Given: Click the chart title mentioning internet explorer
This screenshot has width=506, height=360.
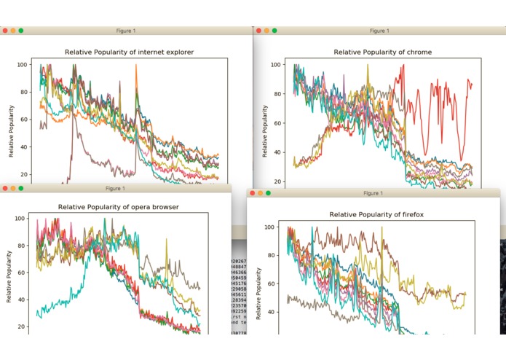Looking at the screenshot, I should coord(129,52).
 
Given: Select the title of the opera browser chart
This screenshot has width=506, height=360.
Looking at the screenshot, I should coord(119,207).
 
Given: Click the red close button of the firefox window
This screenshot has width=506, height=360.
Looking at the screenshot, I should coord(251,194).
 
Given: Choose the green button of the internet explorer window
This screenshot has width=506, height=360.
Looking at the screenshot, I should coord(21,31).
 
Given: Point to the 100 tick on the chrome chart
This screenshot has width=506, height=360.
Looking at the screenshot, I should coord(277,65).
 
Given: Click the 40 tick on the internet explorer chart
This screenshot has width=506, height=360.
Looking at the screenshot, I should coord(23,147).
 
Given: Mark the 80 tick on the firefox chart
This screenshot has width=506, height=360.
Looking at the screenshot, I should coord(272,256).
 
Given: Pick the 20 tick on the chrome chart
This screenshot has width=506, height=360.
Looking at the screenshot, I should coord(279,181).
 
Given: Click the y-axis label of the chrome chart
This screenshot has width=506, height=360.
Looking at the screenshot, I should coord(265,131).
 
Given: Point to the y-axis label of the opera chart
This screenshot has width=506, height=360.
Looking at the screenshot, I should coord(9,277).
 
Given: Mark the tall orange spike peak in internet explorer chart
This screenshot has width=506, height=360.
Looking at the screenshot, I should coord(135,66).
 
